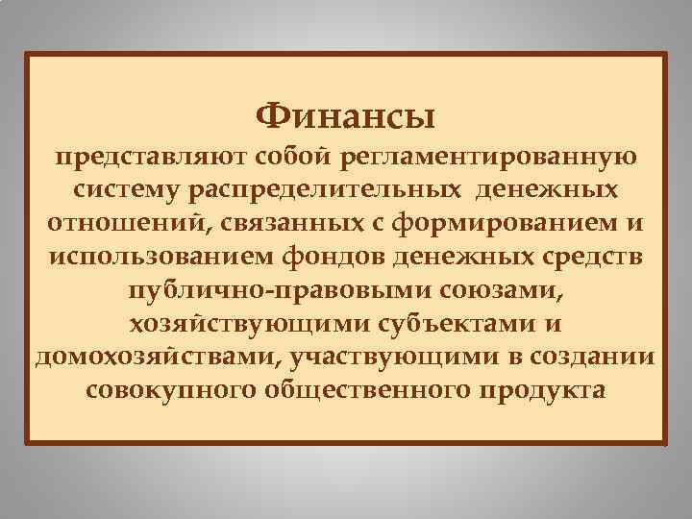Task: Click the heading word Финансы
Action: pos(346,116)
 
